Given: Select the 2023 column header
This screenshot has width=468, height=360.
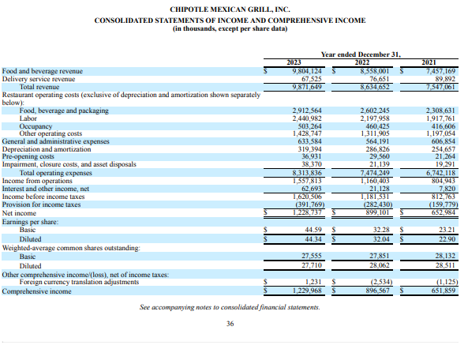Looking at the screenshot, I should (293, 62).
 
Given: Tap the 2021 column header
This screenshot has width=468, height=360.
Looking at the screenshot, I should (429, 62).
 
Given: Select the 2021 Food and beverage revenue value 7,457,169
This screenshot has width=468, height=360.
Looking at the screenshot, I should (440, 70).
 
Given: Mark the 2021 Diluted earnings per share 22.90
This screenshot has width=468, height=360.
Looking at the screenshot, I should (446, 239).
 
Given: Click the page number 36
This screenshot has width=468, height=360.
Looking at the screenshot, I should (230, 323).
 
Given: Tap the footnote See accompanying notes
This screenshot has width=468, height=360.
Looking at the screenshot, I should (230, 306).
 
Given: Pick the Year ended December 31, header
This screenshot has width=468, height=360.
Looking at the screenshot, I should (361, 54).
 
